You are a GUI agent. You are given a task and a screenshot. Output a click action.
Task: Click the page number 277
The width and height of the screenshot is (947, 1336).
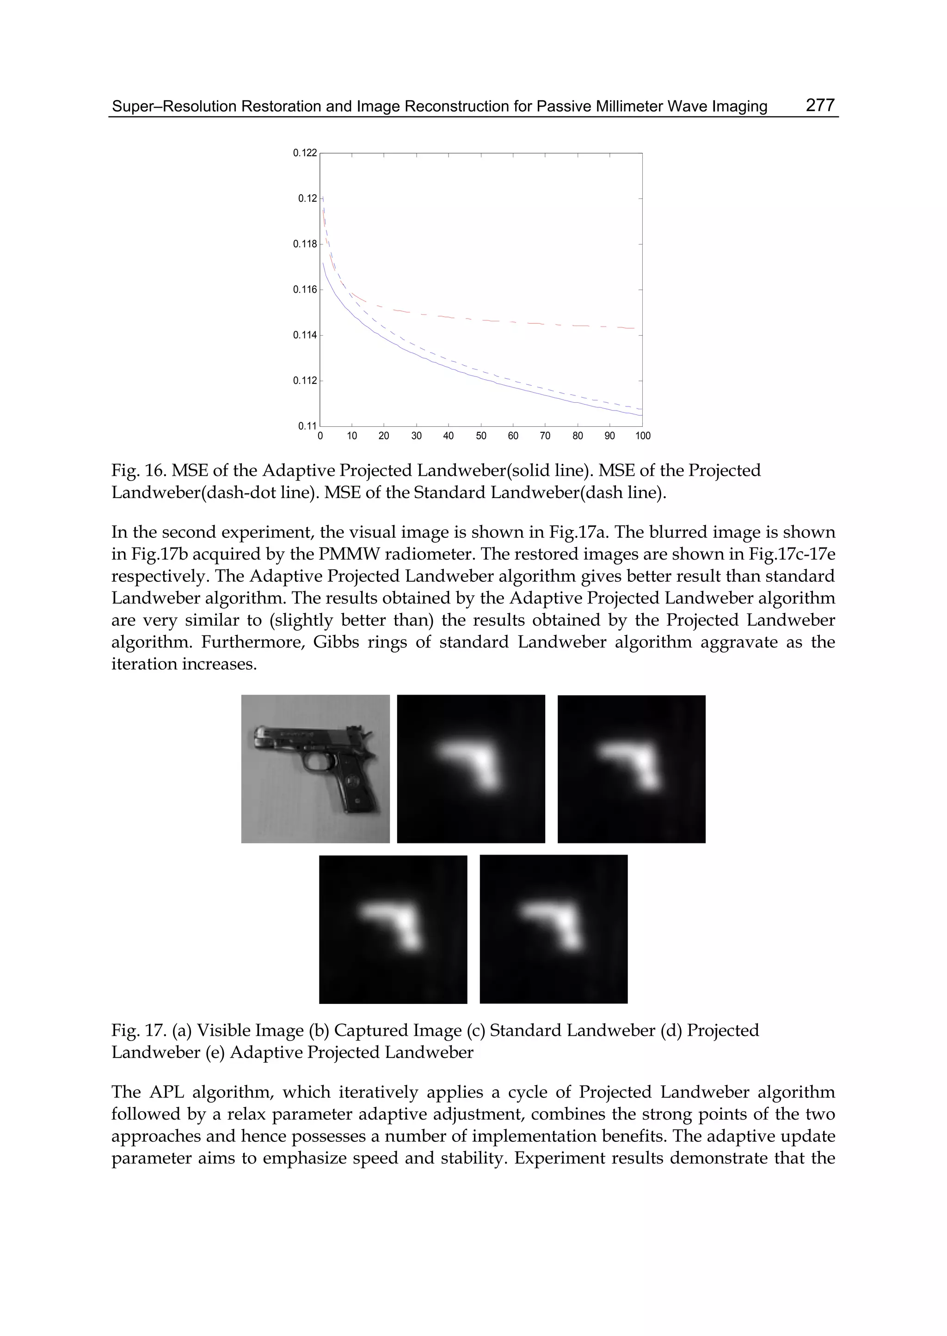point(820,105)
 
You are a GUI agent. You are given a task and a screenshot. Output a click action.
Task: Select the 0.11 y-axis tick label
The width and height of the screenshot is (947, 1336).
point(308,426)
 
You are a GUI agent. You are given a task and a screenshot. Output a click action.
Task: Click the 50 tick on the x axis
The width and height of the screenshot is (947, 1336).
point(480,436)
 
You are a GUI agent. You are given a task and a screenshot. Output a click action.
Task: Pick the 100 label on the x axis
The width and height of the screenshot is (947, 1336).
point(643,436)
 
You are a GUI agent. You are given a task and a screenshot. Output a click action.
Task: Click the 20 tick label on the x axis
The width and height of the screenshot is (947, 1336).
point(384,436)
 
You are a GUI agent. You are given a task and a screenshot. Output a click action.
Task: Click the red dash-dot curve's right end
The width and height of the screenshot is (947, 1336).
point(633,329)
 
